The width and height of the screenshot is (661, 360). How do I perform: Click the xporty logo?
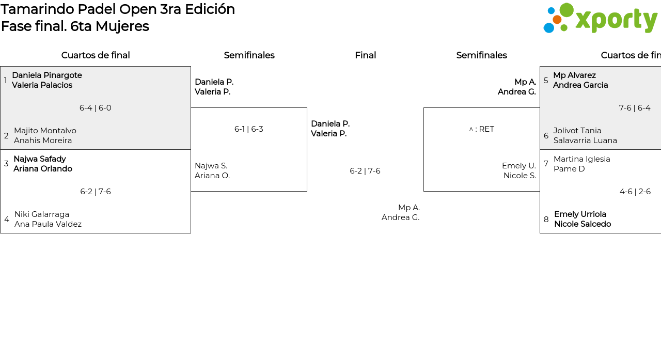pos(601,18)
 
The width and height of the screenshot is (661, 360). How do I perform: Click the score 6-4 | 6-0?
pos(96,108)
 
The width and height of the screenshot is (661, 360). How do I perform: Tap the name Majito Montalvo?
pos(45,131)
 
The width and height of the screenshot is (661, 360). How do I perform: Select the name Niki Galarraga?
pos(42,214)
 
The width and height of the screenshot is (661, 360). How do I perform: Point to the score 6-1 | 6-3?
pos(249,129)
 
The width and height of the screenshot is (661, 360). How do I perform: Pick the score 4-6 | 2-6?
pos(635,192)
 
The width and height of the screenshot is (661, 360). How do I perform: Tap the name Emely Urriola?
pos(580,214)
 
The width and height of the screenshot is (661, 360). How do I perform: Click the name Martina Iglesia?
pos(582,159)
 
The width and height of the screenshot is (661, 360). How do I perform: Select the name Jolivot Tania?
pos(577,131)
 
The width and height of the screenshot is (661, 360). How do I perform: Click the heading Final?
pos(365,55)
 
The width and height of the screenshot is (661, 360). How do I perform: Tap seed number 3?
pos(6,164)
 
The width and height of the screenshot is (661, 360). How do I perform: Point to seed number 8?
pos(546,219)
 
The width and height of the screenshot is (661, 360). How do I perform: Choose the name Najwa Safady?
pos(40,159)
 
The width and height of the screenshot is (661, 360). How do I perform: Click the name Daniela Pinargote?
pos(47,75)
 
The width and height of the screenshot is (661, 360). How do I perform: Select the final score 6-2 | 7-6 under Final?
pos(365,171)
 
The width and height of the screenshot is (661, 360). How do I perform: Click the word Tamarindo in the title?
pos(38,9)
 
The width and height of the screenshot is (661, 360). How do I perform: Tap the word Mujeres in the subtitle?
pos(122,26)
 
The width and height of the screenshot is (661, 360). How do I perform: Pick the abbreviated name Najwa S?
pos(211,166)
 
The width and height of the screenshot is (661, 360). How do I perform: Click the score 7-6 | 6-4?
pos(635,108)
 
